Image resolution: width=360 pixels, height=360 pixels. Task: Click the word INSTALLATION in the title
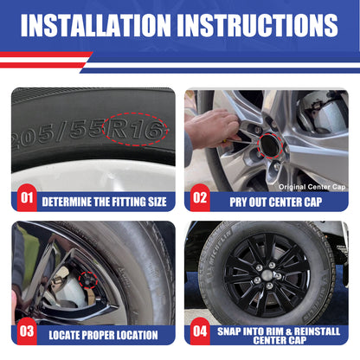pyautogui.click(x=96, y=25)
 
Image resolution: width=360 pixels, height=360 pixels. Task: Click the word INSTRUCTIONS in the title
pyautogui.click(x=258, y=25)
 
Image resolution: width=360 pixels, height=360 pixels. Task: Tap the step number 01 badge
pyautogui.click(x=27, y=198)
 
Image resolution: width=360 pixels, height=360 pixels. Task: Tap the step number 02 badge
pyautogui.click(x=200, y=198)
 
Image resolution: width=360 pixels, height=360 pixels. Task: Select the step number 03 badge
pyautogui.click(x=27, y=331)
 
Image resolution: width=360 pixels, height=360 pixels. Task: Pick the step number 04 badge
pyautogui.click(x=200, y=331)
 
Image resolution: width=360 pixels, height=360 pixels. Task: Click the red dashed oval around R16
pyautogui.click(x=135, y=113)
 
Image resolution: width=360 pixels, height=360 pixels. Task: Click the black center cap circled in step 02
pyautogui.click(x=270, y=145)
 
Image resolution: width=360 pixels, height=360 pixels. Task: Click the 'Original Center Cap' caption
pyautogui.click(x=312, y=187)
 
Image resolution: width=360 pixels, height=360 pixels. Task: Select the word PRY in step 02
pyautogui.click(x=238, y=202)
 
